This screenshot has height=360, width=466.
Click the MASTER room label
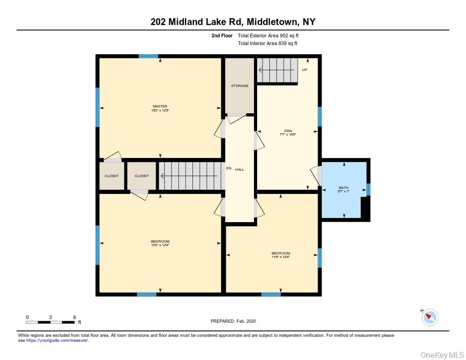(160, 106)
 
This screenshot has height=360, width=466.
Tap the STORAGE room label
(239, 86)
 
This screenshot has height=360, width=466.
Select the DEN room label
(288, 131)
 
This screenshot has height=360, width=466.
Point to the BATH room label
(344, 188)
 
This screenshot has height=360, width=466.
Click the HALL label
(240, 169)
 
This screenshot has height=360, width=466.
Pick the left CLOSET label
(111, 176)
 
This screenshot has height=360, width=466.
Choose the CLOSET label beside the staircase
(142, 176)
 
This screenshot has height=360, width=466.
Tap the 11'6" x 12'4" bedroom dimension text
(281, 257)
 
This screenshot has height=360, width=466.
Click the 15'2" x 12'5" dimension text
(160, 110)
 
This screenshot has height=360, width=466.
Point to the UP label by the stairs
(305, 70)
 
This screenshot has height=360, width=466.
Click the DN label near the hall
(229, 168)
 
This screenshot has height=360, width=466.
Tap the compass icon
(430, 317)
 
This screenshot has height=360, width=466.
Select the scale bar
(51, 322)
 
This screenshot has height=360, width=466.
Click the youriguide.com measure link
(57, 340)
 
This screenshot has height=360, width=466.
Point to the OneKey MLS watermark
(442, 355)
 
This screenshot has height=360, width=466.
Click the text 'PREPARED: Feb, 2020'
(233, 321)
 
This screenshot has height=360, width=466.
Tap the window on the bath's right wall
(369, 189)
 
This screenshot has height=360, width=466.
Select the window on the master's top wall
(148, 56)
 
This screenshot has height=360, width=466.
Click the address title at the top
(233, 21)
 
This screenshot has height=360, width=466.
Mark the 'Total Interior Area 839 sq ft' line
(268, 43)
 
